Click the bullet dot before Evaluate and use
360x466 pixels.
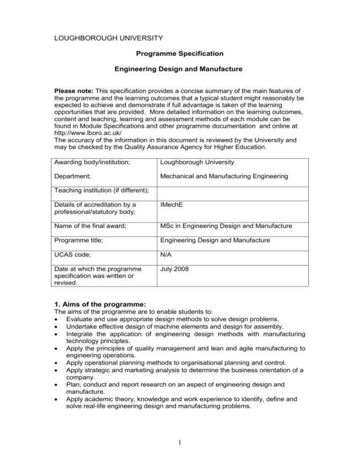click(56, 337)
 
